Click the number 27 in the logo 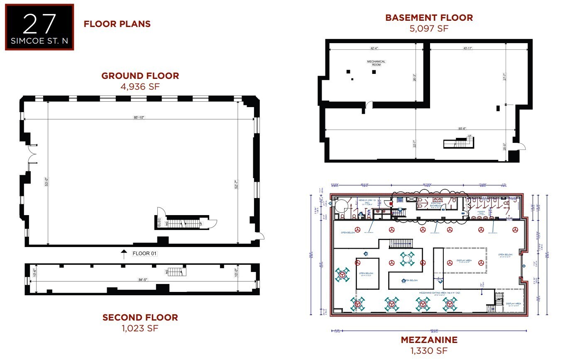[39, 24]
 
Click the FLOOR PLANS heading [117, 24]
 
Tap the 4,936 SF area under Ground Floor [140, 86]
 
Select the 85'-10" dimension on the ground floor [139, 118]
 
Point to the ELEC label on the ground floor [158, 222]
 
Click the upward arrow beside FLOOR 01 [123, 253]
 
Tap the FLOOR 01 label [145, 253]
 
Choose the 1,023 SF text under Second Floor [140, 328]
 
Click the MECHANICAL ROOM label [376, 63]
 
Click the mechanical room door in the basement [366, 108]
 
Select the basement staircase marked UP [458, 143]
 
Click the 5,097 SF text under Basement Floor [429, 28]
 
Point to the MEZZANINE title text [429, 340]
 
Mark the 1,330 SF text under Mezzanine [429, 350]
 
